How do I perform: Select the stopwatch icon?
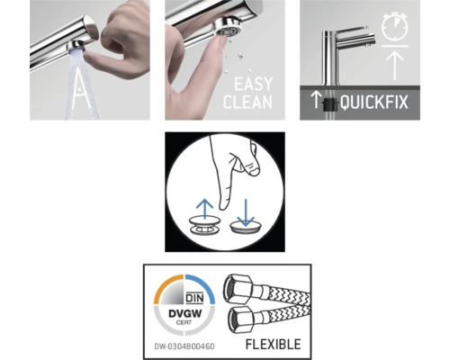tap(394, 29)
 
